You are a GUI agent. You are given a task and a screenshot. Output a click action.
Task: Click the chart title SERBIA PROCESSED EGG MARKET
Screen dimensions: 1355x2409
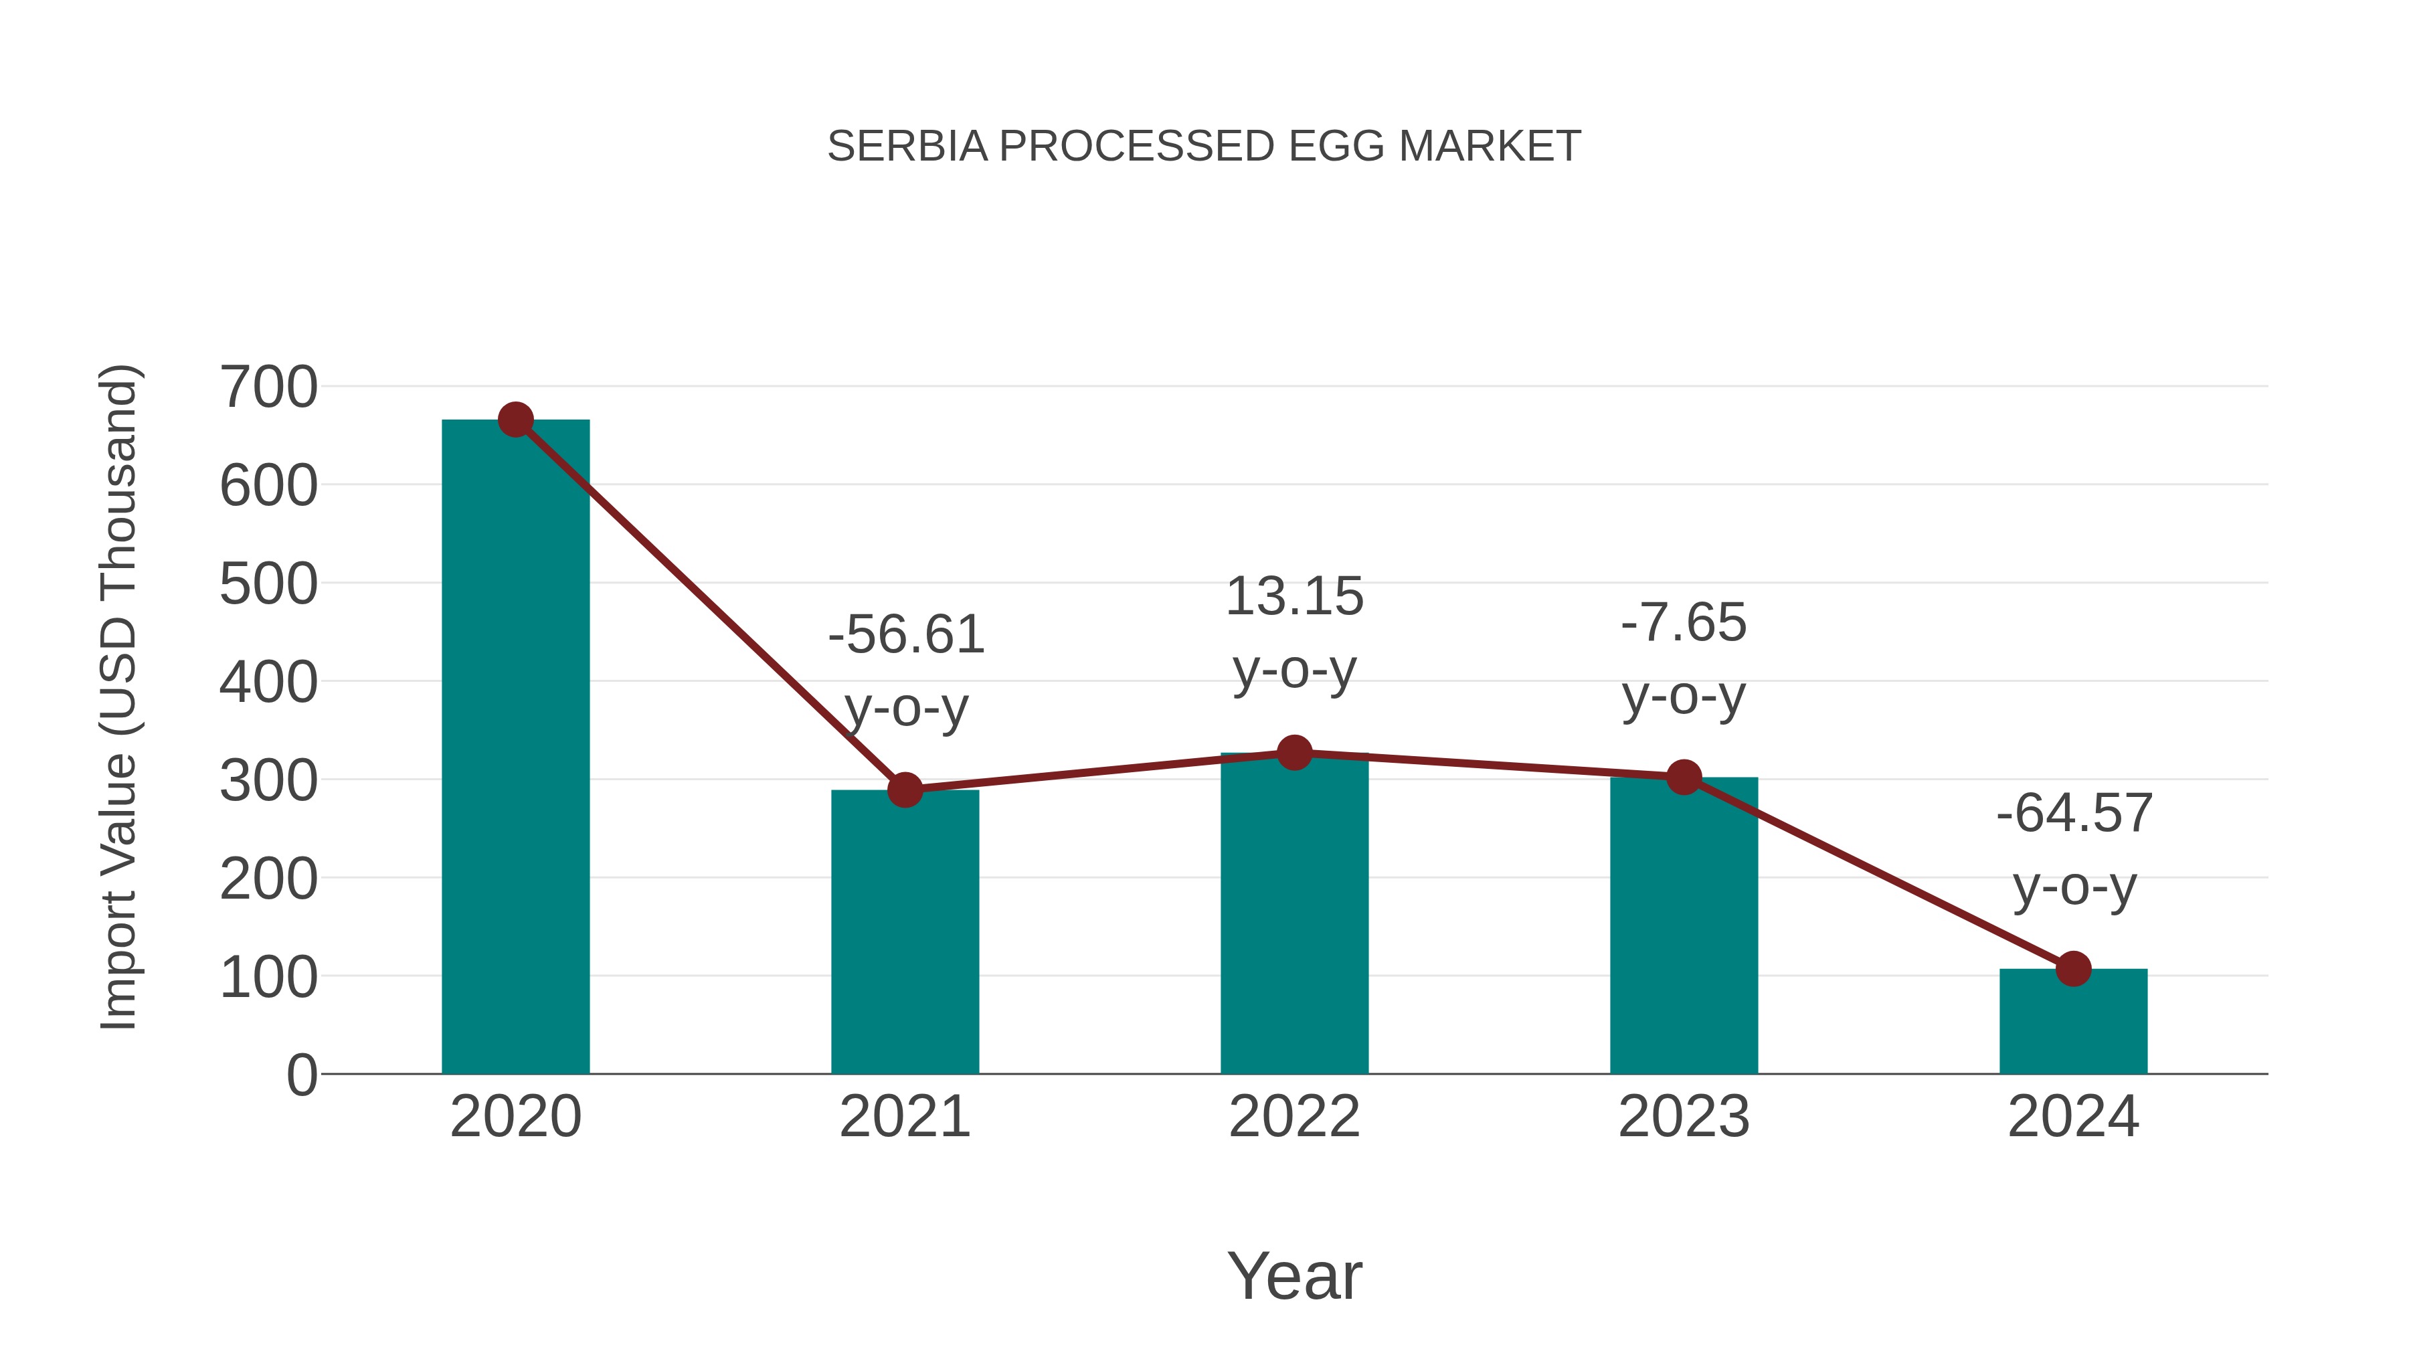pyautogui.click(x=1204, y=147)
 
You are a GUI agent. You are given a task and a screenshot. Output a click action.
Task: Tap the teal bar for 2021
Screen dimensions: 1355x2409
pyautogui.click(x=904, y=935)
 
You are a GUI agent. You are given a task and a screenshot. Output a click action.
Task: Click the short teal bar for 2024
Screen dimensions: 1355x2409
pyautogui.click(x=2073, y=1024)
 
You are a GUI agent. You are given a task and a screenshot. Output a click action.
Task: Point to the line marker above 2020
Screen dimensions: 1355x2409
pyautogui.click(x=515, y=420)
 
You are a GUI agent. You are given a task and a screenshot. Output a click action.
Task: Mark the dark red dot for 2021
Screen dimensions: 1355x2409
pyautogui.click(x=904, y=790)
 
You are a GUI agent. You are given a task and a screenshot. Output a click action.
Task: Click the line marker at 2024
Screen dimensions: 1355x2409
pyautogui.click(x=2073, y=969)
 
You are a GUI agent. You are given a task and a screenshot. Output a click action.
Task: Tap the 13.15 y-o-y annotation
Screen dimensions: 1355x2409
pyautogui.click(x=1294, y=632)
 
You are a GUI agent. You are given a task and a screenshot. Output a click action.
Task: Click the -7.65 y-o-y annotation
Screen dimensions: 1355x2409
pyautogui.click(x=1684, y=658)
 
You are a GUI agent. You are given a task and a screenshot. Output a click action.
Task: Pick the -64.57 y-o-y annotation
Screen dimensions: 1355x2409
pyautogui.click(x=2074, y=848)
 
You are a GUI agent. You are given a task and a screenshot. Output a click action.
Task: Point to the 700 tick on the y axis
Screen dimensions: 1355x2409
pyautogui.click(x=268, y=387)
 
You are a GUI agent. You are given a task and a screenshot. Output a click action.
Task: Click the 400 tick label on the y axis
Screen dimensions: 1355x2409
pyautogui.click(x=268, y=683)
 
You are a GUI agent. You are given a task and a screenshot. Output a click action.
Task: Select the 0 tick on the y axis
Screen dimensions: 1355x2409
pyautogui.click(x=301, y=1075)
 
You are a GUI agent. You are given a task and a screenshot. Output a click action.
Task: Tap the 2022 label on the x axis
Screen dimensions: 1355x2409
pyautogui.click(x=1294, y=1117)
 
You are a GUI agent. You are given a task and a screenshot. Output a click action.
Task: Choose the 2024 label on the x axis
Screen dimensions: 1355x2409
pyautogui.click(x=2073, y=1117)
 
